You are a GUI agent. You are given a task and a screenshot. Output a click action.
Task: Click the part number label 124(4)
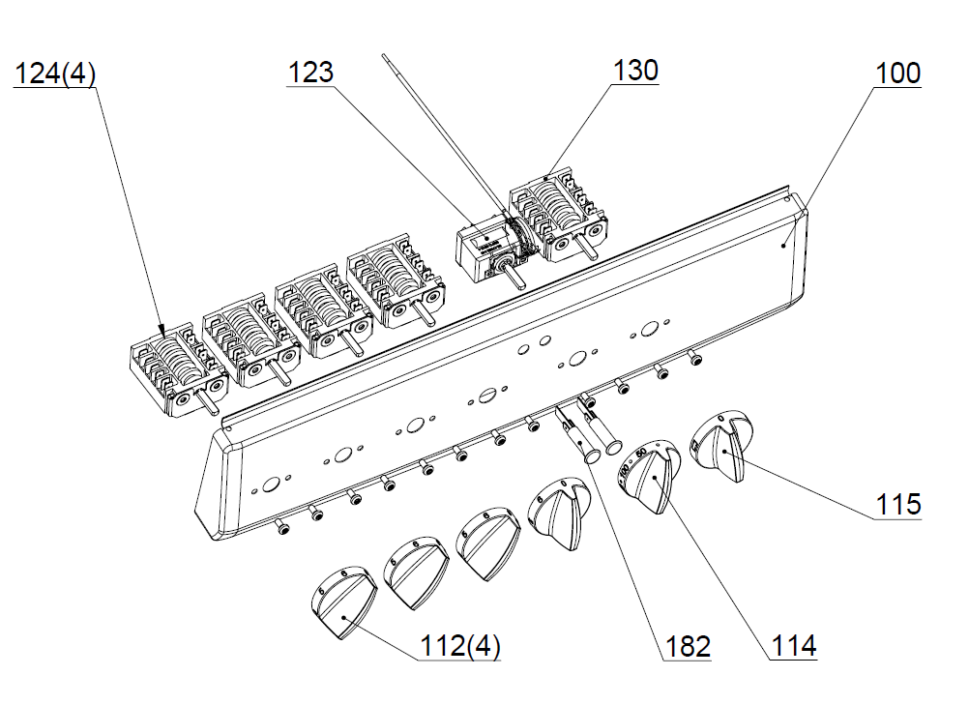click(x=54, y=74)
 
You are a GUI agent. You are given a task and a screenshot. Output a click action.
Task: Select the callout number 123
click(x=310, y=73)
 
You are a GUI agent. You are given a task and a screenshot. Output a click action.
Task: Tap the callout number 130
click(x=635, y=71)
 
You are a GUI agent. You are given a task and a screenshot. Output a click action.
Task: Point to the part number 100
click(x=898, y=73)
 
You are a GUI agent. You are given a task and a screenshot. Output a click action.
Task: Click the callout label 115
click(x=898, y=504)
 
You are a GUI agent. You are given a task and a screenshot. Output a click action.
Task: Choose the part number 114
click(x=794, y=646)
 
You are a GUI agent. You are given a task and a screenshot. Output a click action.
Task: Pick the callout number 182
click(x=688, y=646)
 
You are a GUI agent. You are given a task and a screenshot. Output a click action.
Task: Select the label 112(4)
click(x=459, y=646)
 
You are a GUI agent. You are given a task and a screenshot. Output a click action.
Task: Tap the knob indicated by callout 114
click(x=649, y=476)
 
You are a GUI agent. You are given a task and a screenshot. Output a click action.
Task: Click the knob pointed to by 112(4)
click(x=343, y=602)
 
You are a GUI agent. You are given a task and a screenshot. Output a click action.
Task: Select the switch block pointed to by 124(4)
click(x=179, y=369)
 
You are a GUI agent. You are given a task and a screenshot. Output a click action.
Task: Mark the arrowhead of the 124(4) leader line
click(x=163, y=330)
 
